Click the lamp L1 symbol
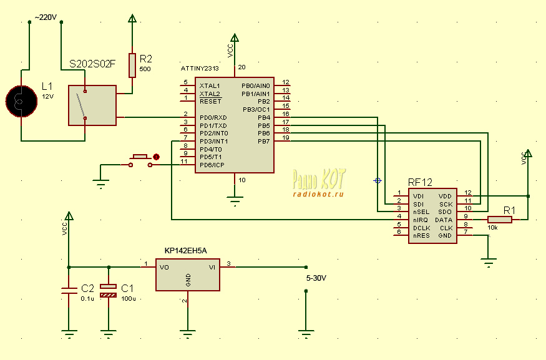pos(21,101)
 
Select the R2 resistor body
pos(132,65)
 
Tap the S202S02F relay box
pos(92,105)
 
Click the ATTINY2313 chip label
pos(200,69)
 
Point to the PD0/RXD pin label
pos(213,118)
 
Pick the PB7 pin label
pos(263,142)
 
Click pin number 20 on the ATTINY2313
pos(241,67)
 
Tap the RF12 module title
pos(420,182)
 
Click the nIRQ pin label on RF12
pos(421,220)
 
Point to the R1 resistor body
pos(500,220)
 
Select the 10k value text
pos(492,228)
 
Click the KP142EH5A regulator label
pos(185,251)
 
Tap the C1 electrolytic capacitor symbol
pos(109,291)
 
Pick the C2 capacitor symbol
pos(69,291)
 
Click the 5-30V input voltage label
pos(316,278)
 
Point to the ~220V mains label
pos(46,17)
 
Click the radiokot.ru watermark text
pos(318,194)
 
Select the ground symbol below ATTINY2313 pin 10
pos(235,200)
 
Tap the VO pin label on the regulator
pos(164,268)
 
